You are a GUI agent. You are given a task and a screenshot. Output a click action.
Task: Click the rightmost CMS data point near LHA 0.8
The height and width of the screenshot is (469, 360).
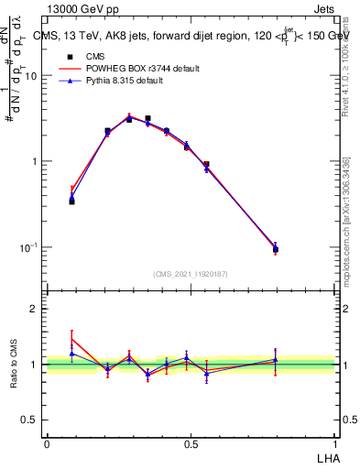click(276, 249)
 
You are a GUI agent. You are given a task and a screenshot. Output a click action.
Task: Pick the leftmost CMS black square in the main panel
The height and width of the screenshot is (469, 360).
click(71, 201)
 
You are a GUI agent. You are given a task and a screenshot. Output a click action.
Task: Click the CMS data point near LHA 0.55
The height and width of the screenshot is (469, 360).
click(206, 165)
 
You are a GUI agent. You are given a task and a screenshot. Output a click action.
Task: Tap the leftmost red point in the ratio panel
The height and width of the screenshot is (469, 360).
click(71, 337)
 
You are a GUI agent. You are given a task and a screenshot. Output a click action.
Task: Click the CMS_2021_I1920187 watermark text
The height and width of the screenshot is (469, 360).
click(190, 274)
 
